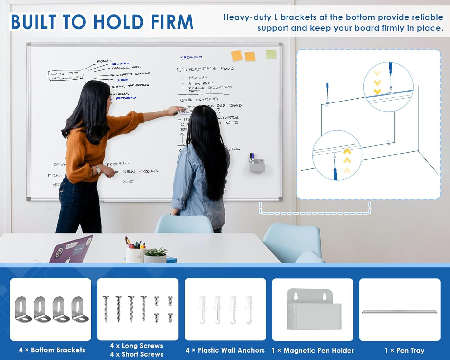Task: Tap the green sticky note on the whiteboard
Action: (x=271, y=54)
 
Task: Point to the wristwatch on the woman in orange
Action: (x=98, y=170)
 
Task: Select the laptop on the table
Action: (x=71, y=249)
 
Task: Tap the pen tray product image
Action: (x=400, y=312)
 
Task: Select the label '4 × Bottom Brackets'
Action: (x=52, y=350)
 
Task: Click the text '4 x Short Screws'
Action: (x=136, y=354)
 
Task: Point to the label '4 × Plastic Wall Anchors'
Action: (x=225, y=350)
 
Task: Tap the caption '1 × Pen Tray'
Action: (x=404, y=351)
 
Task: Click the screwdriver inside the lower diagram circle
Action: (x=335, y=170)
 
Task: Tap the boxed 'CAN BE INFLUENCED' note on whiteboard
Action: (x=66, y=76)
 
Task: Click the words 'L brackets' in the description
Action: (x=295, y=17)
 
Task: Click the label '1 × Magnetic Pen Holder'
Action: (x=313, y=350)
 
